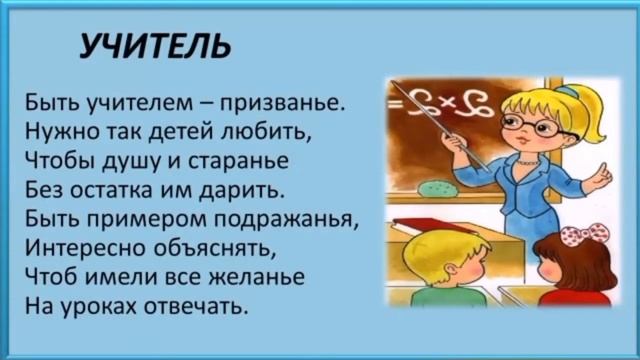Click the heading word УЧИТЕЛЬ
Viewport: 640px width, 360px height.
point(155,45)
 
